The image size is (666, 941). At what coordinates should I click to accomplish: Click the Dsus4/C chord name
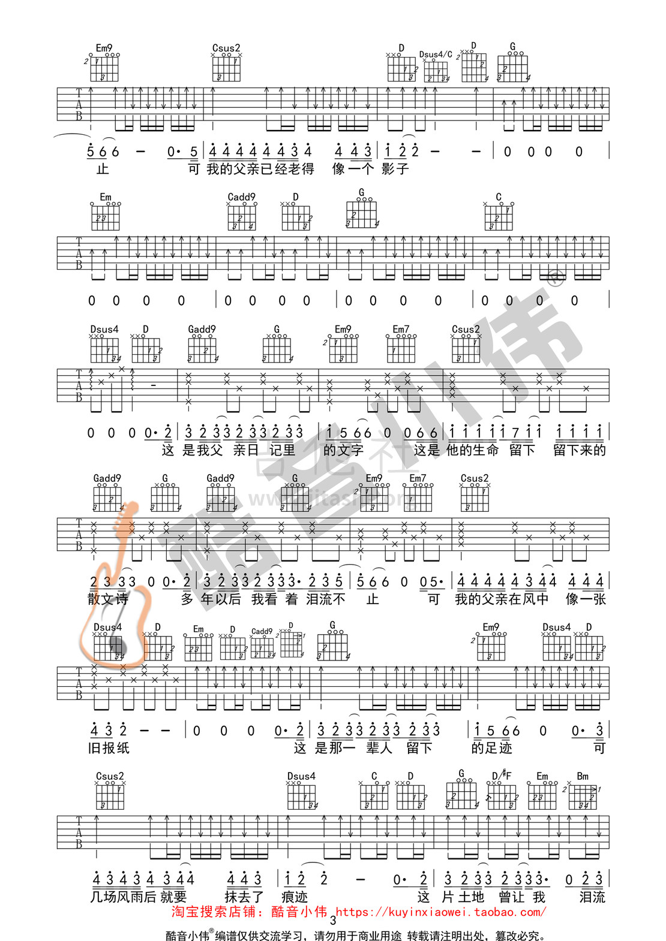click(x=436, y=55)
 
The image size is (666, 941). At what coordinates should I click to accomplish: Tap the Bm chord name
click(x=583, y=776)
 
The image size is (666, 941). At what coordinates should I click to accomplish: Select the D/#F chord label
click(x=502, y=776)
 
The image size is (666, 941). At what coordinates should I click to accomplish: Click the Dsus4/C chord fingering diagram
click(x=436, y=71)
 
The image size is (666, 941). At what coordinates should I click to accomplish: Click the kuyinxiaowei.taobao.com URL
click(x=441, y=912)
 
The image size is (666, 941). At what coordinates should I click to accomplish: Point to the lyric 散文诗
click(x=108, y=599)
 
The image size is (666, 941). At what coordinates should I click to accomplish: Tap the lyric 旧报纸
click(x=109, y=747)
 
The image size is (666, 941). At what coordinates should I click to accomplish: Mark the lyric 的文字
click(x=343, y=450)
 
